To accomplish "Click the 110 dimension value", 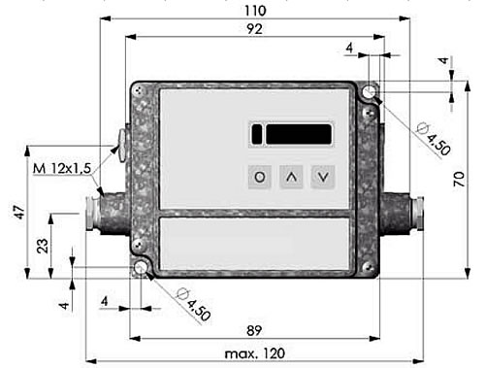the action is pyautogui.click(x=255, y=11).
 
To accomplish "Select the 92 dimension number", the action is pyautogui.click(x=254, y=29).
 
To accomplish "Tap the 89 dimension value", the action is pyautogui.click(x=254, y=330).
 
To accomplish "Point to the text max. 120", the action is pyautogui.click(x=255, y=353).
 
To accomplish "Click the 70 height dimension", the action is pyautogui.click(x=459, y=179).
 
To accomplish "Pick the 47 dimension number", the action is pyautogui.click(x=19, y=212).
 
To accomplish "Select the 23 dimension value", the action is pyautogui.click(x=43, y=246).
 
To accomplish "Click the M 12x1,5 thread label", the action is pyautogui.click(x=62, y=168).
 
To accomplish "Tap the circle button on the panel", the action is pyautogui.click(x=260, y=177).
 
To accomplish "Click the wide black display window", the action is pyautogui.click(x=299, y=134).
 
